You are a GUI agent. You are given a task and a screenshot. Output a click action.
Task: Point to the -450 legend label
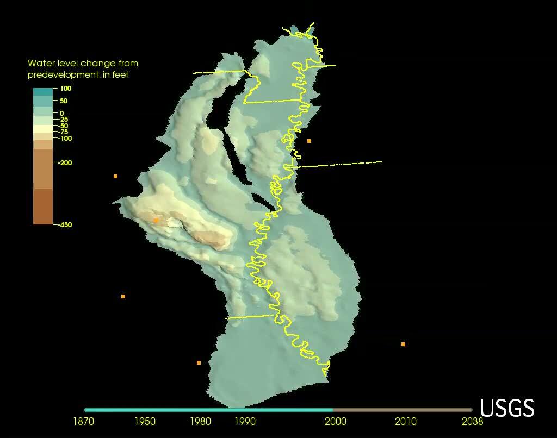(65, 224)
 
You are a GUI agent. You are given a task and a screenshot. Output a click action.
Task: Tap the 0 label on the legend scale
(61, 113)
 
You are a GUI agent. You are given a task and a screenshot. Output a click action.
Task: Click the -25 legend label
(64, 120)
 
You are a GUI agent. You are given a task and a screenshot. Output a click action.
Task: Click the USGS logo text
(507, 408)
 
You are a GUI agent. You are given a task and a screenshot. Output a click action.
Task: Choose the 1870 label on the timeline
(84, 421)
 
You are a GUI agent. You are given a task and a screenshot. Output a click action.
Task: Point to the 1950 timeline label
(145, 421)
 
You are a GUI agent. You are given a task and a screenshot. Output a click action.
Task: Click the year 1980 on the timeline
(201, 421)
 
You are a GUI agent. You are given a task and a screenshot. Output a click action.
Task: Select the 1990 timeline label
(245, 421)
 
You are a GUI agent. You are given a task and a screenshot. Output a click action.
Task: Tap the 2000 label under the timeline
(336, 421)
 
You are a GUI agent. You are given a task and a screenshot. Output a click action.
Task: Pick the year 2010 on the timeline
(406, 421)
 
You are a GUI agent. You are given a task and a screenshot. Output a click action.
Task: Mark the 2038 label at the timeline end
(471, 421)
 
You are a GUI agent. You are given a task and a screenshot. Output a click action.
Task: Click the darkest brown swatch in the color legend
(43, 207)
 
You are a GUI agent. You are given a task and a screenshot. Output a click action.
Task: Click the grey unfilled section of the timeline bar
(403, 410)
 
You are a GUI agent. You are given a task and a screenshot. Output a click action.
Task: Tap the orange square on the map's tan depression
(156, 220)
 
